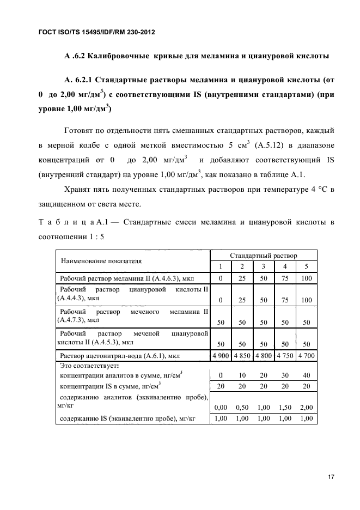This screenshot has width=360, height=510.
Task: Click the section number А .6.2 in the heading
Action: point(77,56)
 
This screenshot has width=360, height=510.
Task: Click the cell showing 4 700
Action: point(306,356)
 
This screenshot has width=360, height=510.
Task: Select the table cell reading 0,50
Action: point(242,406)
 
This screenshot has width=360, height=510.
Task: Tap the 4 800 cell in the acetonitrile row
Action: point(264,356)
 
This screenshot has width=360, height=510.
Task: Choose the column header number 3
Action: point(264,266)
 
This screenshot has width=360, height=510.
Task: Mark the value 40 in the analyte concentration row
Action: point(306,375)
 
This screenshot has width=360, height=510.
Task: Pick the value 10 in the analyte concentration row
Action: point(242,375)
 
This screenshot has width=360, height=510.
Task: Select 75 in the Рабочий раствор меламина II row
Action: point(285,278)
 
